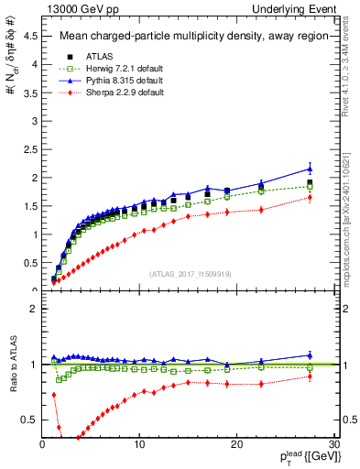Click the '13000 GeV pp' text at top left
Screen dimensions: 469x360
[71, 8]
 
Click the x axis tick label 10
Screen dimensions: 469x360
[139, 444]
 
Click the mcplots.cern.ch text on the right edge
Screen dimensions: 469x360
[352, 229]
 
